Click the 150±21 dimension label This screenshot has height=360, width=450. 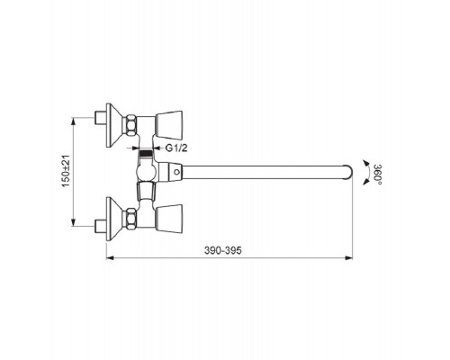(x=66, y=171)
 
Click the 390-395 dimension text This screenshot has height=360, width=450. (x=222, y=250)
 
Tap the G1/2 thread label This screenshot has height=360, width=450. (x=176, y=148)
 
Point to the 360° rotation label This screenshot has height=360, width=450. (x=377, y=175)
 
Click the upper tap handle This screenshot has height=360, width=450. (x=168, y=125)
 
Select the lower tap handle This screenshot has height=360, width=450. (x=168, y=219)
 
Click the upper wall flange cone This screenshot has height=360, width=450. (x=114, y=125)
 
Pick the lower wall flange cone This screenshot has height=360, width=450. (x=114, y=219)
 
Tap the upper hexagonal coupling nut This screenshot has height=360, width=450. (x=130, y=125)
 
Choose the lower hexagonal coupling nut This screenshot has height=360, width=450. (x=130, y=219)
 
